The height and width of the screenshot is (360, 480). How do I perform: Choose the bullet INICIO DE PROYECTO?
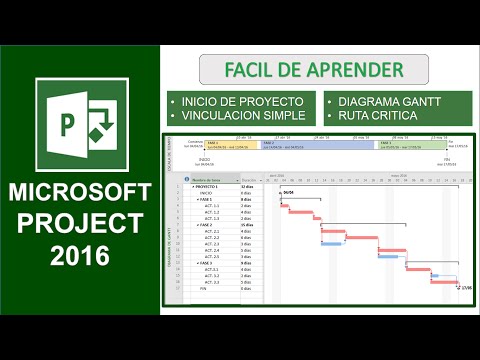pos(241,102)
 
